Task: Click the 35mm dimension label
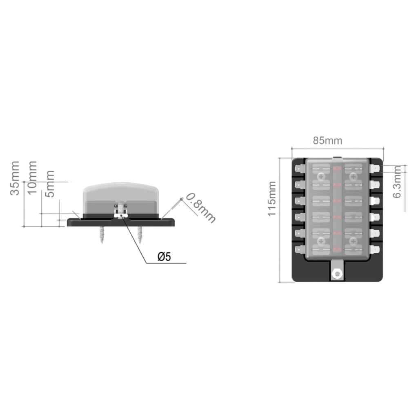pyautogui.click(x=15, y=178)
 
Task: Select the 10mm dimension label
pyautogui.click(x=32, y=178)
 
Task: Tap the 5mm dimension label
pyautogui.click(x=50, y=184)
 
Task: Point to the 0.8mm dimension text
pyautogui.click(x=200, y=208)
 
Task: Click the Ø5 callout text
pyautogui.click(x=164, y=257)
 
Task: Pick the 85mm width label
pyautogui.click(x=327, y=140)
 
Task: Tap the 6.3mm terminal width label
pyautogui.click(x=397, y=182)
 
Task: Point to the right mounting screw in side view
pyautogui.click(x=140, y=235)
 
